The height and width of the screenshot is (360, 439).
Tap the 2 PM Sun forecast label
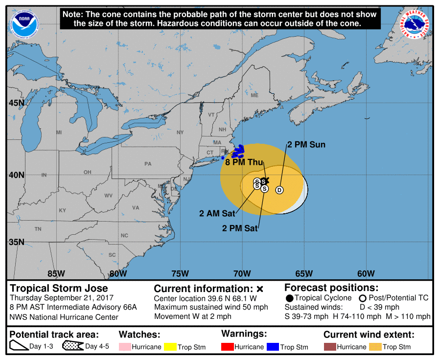[306, 145]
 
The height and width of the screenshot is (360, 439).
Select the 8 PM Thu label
[244, 162]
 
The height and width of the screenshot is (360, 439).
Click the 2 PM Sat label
[240, 228]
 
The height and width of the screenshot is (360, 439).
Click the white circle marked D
[279, 190]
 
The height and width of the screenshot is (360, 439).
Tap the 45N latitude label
[16, 103]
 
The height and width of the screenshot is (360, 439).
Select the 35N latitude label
[16, 242]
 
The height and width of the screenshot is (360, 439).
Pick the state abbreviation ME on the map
[254, 95]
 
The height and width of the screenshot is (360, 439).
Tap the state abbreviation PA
[148, 164]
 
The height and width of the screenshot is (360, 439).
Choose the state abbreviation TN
[38, 229]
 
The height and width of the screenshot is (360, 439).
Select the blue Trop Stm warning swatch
[273, 347]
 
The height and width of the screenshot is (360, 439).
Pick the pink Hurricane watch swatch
[126, 347]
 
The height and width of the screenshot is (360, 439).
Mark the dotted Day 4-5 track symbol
[72, 346]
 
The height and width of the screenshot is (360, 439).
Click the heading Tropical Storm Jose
[59, 288]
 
